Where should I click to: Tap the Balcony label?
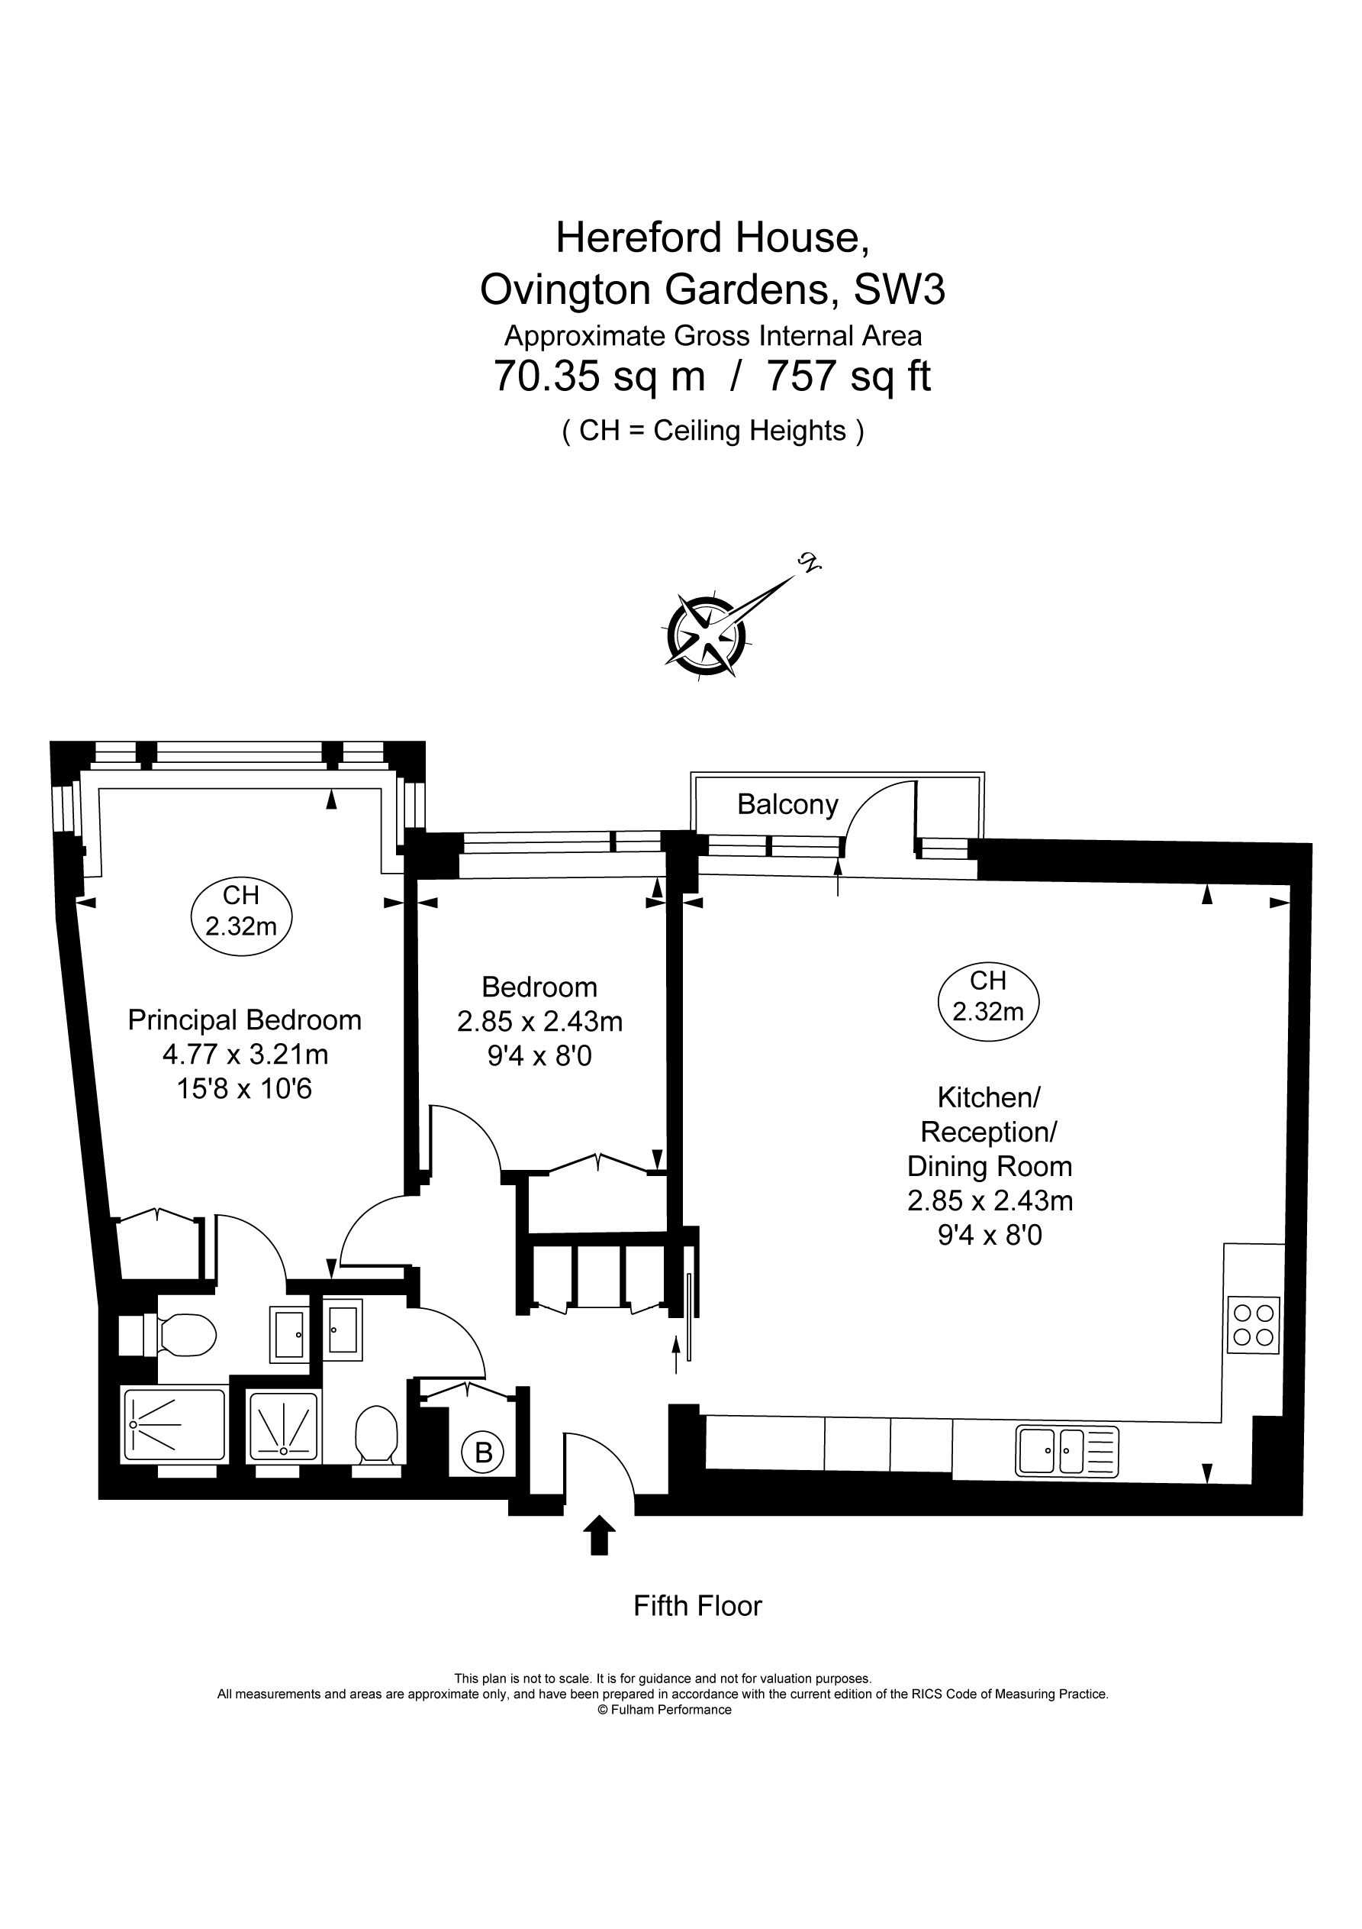787,805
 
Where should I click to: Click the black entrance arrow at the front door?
599,1535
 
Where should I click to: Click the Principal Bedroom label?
244,1020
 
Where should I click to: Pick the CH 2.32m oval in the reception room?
988,997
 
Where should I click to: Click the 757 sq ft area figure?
849,376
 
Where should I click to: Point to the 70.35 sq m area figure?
599,376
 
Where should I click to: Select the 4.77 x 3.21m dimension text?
245,1054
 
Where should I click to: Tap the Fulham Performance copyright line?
664,1710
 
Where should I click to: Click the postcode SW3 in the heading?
900,290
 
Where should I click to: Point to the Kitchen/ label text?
988,1097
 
